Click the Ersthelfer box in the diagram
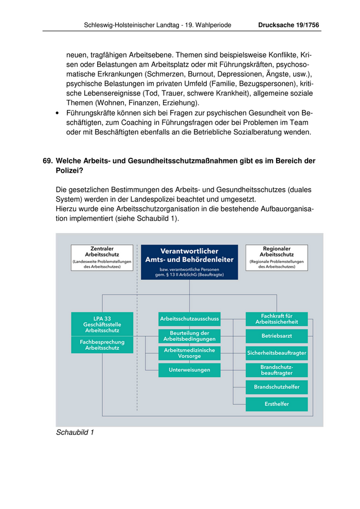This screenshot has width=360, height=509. pos(276,404)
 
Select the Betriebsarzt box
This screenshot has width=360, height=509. pos(276,336)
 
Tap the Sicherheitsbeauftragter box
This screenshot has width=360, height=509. pos(276,353)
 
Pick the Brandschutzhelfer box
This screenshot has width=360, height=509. pos(276,387)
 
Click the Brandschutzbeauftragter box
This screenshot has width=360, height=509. pos(276,370)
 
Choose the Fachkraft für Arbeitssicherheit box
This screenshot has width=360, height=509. pos(276,319)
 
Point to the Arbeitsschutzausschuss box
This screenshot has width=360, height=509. pos(189,319)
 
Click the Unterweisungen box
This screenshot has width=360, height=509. pos(189,370)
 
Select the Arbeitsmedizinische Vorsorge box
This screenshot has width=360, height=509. pos(189,353)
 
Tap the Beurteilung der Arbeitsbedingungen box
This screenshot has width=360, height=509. pos(189,336)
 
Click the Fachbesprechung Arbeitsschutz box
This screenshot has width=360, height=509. pos(102,345)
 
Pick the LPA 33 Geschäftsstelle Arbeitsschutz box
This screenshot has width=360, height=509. pos(102,324)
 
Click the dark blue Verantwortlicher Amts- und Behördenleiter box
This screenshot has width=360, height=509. pos(189,262)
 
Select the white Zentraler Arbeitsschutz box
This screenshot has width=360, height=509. pos(102,257)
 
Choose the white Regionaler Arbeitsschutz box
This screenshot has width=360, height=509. pos(277,257)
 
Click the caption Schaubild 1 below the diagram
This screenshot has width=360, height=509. pos(75,432)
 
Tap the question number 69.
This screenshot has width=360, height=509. pos(47,161)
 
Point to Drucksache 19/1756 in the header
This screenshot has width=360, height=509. pos(289,25)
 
